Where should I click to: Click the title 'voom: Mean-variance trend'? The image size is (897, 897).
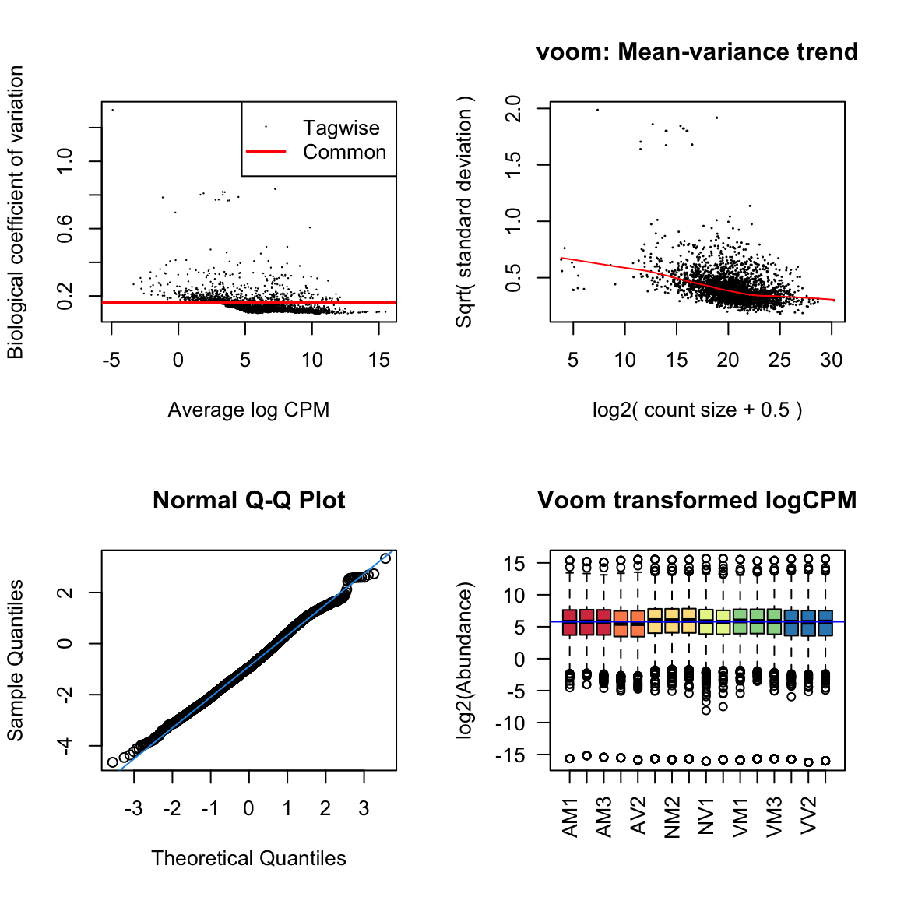697,52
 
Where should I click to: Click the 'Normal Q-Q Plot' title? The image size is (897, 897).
248,501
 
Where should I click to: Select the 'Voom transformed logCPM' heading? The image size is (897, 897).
697,501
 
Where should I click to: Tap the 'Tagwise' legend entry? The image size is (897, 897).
341,128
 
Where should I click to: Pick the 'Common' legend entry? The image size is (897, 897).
344,152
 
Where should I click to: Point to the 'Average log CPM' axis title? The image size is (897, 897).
248,410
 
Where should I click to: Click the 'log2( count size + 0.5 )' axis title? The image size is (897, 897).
697,410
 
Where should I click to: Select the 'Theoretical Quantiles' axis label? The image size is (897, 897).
248,858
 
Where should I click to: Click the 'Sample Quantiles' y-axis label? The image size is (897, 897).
16,660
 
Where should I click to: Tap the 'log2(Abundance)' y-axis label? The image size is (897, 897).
465,660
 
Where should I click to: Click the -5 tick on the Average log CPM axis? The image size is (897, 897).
111,360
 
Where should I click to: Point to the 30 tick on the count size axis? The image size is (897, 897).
832,360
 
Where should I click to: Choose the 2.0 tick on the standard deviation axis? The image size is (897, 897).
513,108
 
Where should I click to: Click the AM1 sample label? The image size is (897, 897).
571,817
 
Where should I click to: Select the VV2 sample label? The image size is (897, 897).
809,815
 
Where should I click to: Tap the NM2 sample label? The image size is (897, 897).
673,817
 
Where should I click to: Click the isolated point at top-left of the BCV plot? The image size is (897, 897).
112,110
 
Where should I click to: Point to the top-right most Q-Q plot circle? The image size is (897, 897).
385,558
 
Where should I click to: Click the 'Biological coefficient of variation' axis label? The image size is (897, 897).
16,212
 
